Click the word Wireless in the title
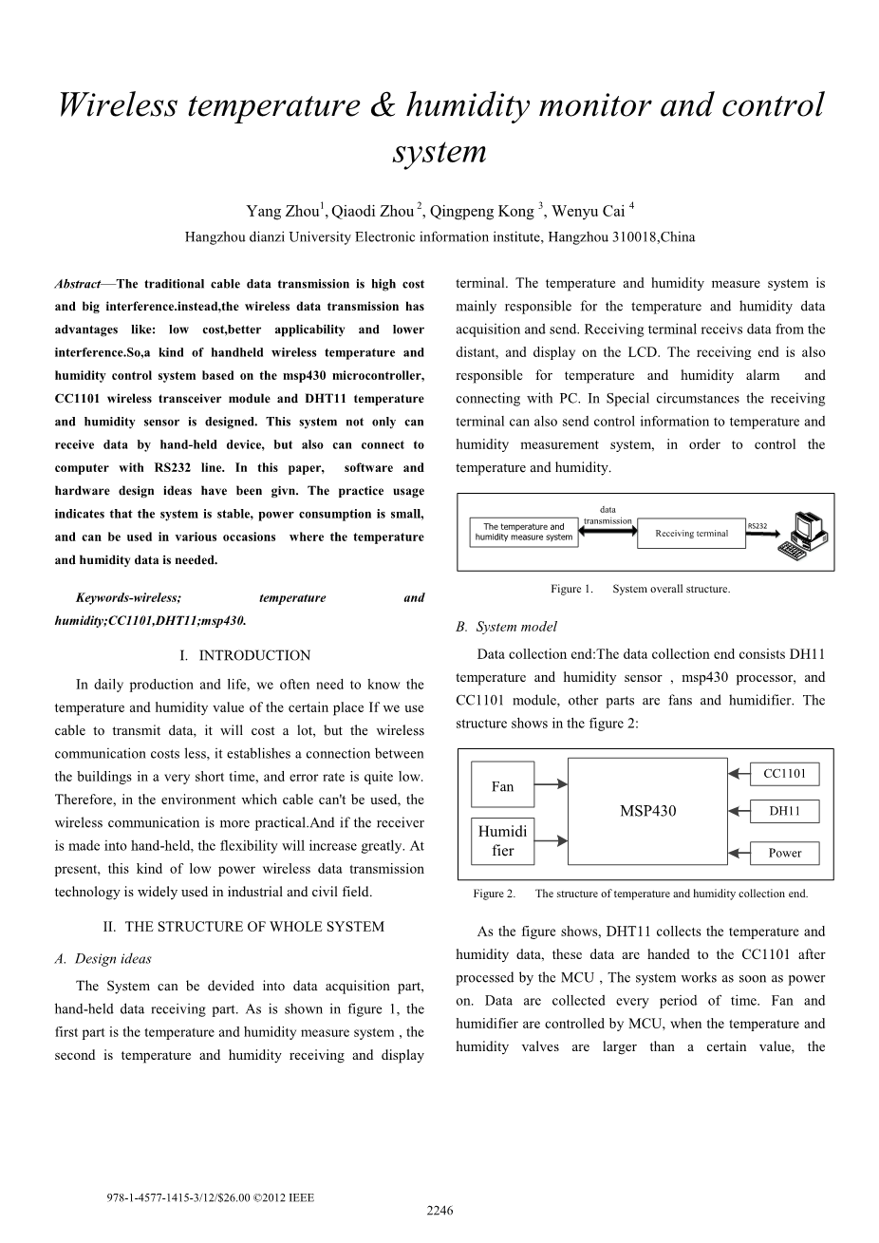tap(117, 105)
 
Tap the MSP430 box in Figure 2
tap(647, 811)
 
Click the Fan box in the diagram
tap(502, 786)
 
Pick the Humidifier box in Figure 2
tap(502, 841)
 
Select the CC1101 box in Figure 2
tap(784, 774)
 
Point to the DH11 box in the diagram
tap(784, 811)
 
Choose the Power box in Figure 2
tap(784, 853)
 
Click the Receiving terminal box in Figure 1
tap(691, 534)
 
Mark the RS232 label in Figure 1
tap(757, 525)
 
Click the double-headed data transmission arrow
tap(608, 532)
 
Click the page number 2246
tap(439, 1210)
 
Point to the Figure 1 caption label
tap(571, 589)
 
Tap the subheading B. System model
tap(506, 627)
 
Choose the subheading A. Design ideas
tap(103, 959)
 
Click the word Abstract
tap(78, 284)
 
